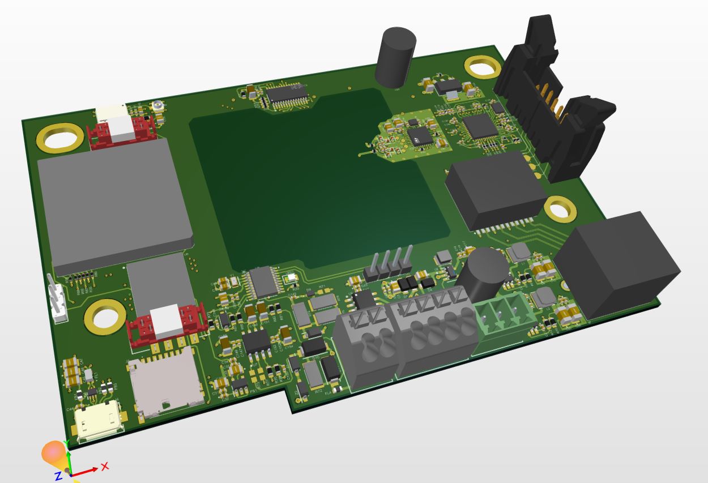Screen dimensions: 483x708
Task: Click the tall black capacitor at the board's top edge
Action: pyautogui.click(x=395, y=57)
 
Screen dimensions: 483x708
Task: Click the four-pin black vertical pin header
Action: pyautogui.click(x=389, y=264)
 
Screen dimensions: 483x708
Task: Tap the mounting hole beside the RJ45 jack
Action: pyautogui.click(x=560, y=210)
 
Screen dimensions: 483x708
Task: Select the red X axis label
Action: pyautogui.click(x=104, y=466)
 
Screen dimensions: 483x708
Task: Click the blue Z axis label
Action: pyautogui.click(x=58, y=475)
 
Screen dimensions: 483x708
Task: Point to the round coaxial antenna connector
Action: pyautogui.click(x=158, y=105)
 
